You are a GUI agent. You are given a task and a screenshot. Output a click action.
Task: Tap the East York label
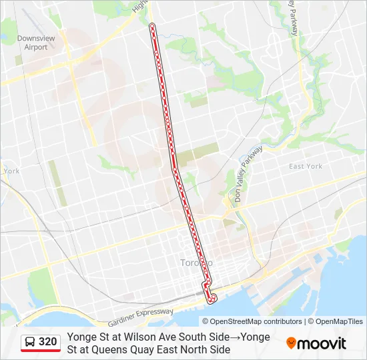(305, 166)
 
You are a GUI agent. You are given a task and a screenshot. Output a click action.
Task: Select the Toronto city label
(196, 263)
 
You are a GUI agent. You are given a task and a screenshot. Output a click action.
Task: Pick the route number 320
(47, 342)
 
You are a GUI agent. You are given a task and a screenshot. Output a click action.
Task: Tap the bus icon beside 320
(30, 343)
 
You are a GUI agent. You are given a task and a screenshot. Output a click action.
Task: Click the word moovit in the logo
(322, 344)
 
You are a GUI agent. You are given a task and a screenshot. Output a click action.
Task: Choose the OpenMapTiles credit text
(339, 321)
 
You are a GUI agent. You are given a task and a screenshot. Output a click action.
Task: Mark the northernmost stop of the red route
(153, 26)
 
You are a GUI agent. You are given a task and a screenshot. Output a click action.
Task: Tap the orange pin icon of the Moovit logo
(291, 343)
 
